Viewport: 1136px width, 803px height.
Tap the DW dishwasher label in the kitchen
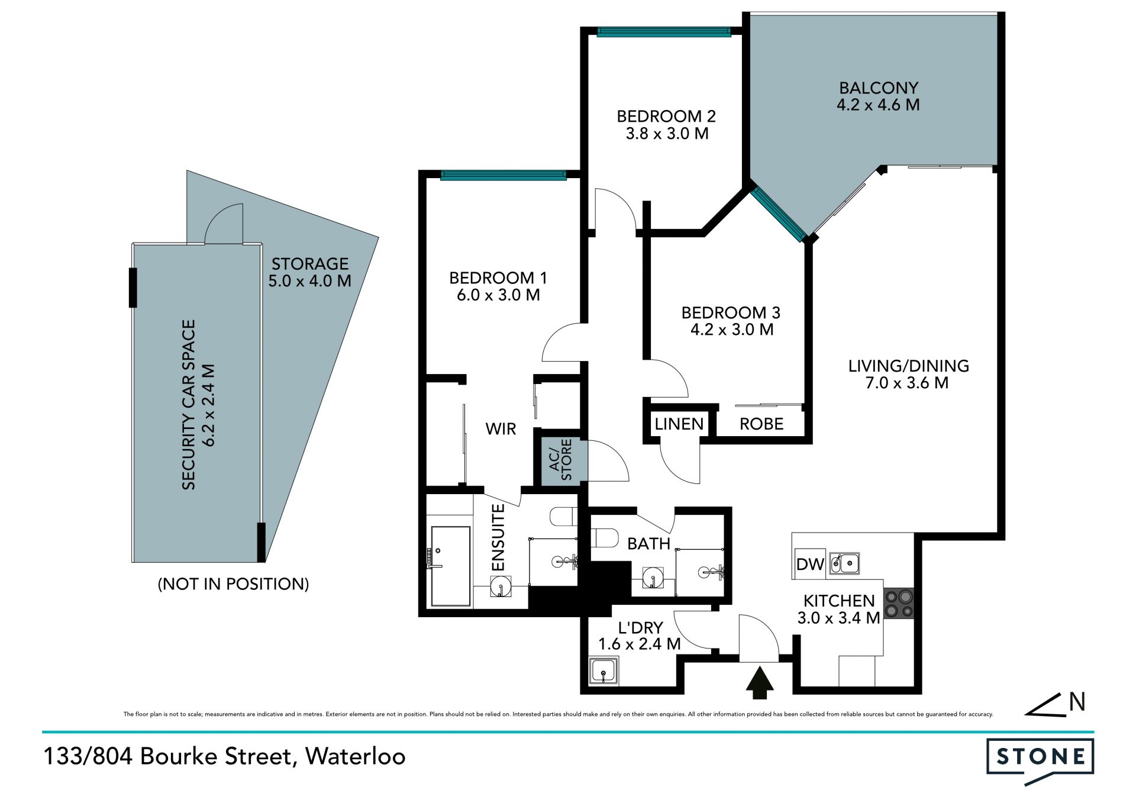pos(810,564)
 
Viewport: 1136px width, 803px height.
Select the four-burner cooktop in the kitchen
pos(899,604)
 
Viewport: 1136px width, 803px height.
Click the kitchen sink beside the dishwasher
pos(844,563)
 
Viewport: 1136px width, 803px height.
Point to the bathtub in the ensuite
pos(450,566)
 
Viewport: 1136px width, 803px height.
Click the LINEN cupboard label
pos(679,424)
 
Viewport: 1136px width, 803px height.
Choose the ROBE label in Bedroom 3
pos(761,424)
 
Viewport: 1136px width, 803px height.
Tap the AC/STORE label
pos(560,459)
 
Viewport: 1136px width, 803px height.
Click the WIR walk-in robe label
pos(501,428)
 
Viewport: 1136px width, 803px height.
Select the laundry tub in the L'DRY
pos(603,671)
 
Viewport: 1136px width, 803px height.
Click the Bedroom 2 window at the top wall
pos(664,32)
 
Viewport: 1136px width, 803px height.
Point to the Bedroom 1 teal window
pos(504,175)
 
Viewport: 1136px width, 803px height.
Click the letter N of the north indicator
pos(1077,702)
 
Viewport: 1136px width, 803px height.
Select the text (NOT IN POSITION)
pos(233,584)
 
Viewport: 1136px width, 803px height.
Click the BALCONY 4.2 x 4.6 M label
pos(879,96)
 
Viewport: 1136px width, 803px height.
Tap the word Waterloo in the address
pos(355,756)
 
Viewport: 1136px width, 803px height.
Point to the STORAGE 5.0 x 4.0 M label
pos(309,272)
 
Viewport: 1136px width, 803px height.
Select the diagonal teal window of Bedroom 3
pos(779,214)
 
